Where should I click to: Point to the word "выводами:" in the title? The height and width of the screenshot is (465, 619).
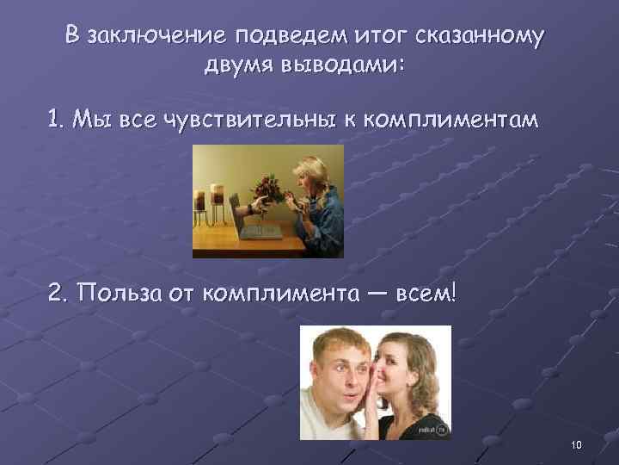pos(347,66)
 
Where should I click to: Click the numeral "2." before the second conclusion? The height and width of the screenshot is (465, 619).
pos(60,294)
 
